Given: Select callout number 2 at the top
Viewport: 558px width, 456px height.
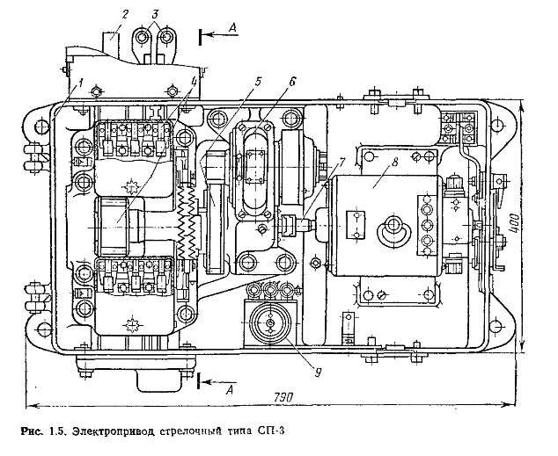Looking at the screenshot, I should pyautogui.click(x=126, y=13).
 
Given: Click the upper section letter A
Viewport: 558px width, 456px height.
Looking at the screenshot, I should pyautogui.click(x=231, y=28).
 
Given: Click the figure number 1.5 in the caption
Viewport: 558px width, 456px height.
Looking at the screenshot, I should pyautogui.click(x=58, y=431).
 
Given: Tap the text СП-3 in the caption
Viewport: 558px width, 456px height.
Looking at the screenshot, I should pyautogui.click(x=274, y=431).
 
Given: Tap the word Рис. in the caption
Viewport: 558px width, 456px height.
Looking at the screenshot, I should pyautogui.click(x=32, y=431).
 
